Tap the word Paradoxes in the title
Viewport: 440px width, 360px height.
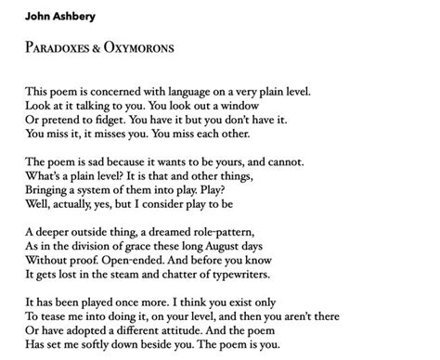pyautogui.click(x=58, y=46)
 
